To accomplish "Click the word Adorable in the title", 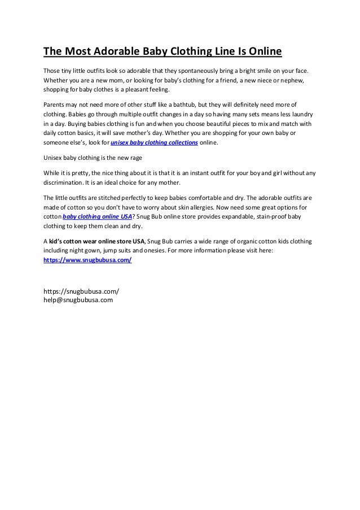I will coord(116,53).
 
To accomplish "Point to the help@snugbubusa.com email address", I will coord(78,300).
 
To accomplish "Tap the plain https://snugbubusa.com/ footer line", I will coord(81,291).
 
